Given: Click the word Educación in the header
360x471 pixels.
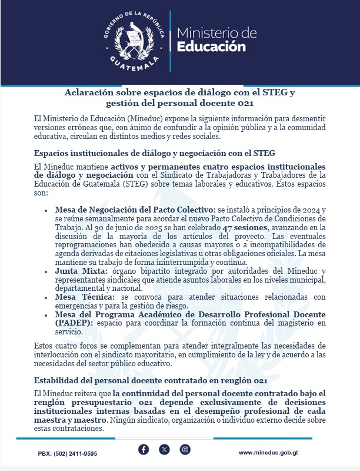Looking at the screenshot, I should [x=211, y=47].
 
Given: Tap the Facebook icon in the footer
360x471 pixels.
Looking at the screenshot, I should [x=144, y=450].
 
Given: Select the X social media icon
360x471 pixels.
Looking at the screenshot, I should [x=165, y=450].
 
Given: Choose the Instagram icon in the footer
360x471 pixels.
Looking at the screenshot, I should [x=185, y=450].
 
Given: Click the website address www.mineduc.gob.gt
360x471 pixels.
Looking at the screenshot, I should [x=268, y=453].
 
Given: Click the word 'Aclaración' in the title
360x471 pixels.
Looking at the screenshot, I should [x=98, y=93].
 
